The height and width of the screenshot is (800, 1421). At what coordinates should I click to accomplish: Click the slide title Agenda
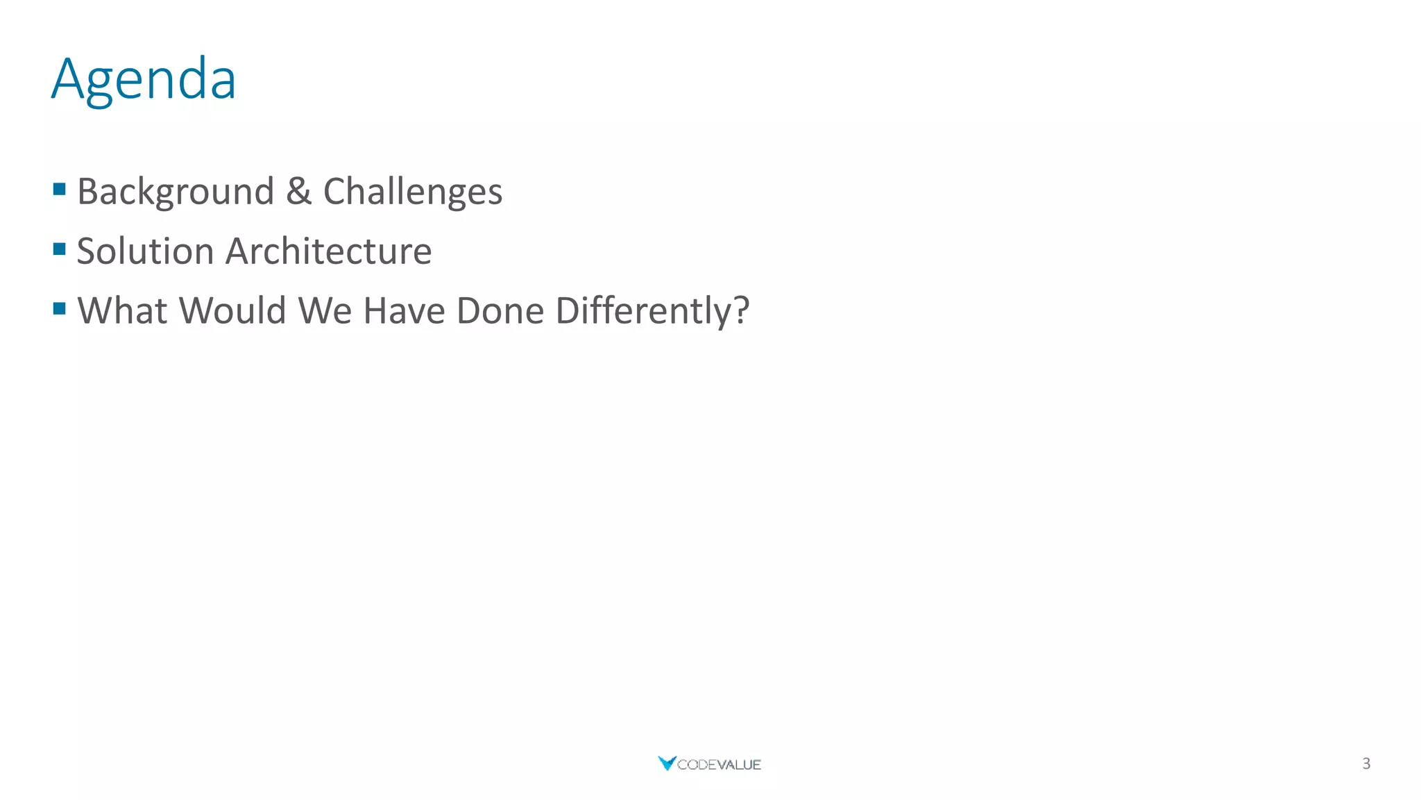click(x=144, y=79)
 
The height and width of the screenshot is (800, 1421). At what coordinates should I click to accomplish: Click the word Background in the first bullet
click(x=176, y=192)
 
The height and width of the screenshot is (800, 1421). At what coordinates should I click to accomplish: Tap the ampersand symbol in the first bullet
click(x=298, y=191)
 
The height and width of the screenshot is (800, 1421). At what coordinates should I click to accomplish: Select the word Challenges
click(x=413, y=192)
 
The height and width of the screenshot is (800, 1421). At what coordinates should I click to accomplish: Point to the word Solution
click(x=145, y=251)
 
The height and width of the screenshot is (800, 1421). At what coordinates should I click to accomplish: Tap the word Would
click(x=232, y=310)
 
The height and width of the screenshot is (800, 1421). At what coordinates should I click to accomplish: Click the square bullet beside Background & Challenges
click(x=60, y=189)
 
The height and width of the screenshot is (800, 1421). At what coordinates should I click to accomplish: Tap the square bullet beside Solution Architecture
click(x=60, y=249)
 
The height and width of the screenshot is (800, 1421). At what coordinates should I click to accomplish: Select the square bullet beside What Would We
click(x=60, y=308)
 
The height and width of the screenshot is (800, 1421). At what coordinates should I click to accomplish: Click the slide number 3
click(x=1366, y=764)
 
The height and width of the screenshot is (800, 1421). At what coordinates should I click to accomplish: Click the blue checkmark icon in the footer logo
click(x=667, y=763)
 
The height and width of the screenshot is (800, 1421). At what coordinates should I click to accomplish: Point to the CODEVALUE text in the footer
click(x=719, y=765)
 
